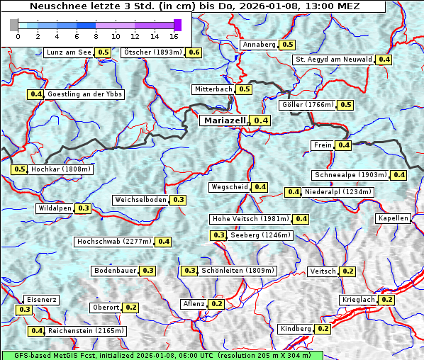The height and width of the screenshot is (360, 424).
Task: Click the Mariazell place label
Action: (x=223, y=120)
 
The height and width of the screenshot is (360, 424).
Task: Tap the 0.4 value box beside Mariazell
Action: (x=261, y=121)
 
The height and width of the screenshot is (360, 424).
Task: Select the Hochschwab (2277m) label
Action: (x=113, y=242)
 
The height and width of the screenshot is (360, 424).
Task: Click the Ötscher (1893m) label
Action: (x=152, y=52)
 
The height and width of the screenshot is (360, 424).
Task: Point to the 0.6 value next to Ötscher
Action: (x=194, y=52)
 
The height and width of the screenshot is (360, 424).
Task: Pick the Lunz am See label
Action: (x=68, y=52)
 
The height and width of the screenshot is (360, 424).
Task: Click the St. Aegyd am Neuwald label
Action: (x=333, y=60)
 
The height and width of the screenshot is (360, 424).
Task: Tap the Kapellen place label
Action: (x=394, y=218)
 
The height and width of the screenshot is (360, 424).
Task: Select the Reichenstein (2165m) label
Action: (x=87, y=331)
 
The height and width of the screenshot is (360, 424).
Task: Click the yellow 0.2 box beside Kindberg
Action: (x=323, y=329)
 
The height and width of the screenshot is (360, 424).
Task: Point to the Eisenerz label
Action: (x=40, y=300)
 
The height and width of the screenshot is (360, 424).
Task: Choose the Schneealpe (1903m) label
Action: (x=351, y=175)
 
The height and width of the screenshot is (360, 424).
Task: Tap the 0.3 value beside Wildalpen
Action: (x=84, y=208)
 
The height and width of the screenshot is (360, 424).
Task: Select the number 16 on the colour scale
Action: (x=174, y=35)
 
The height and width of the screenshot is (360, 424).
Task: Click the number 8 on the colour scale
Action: (x=96, y=35)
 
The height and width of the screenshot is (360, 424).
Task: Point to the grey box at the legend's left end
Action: (x=13, y=25)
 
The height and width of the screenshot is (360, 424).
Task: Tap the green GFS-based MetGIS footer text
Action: (x=162, y=355)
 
